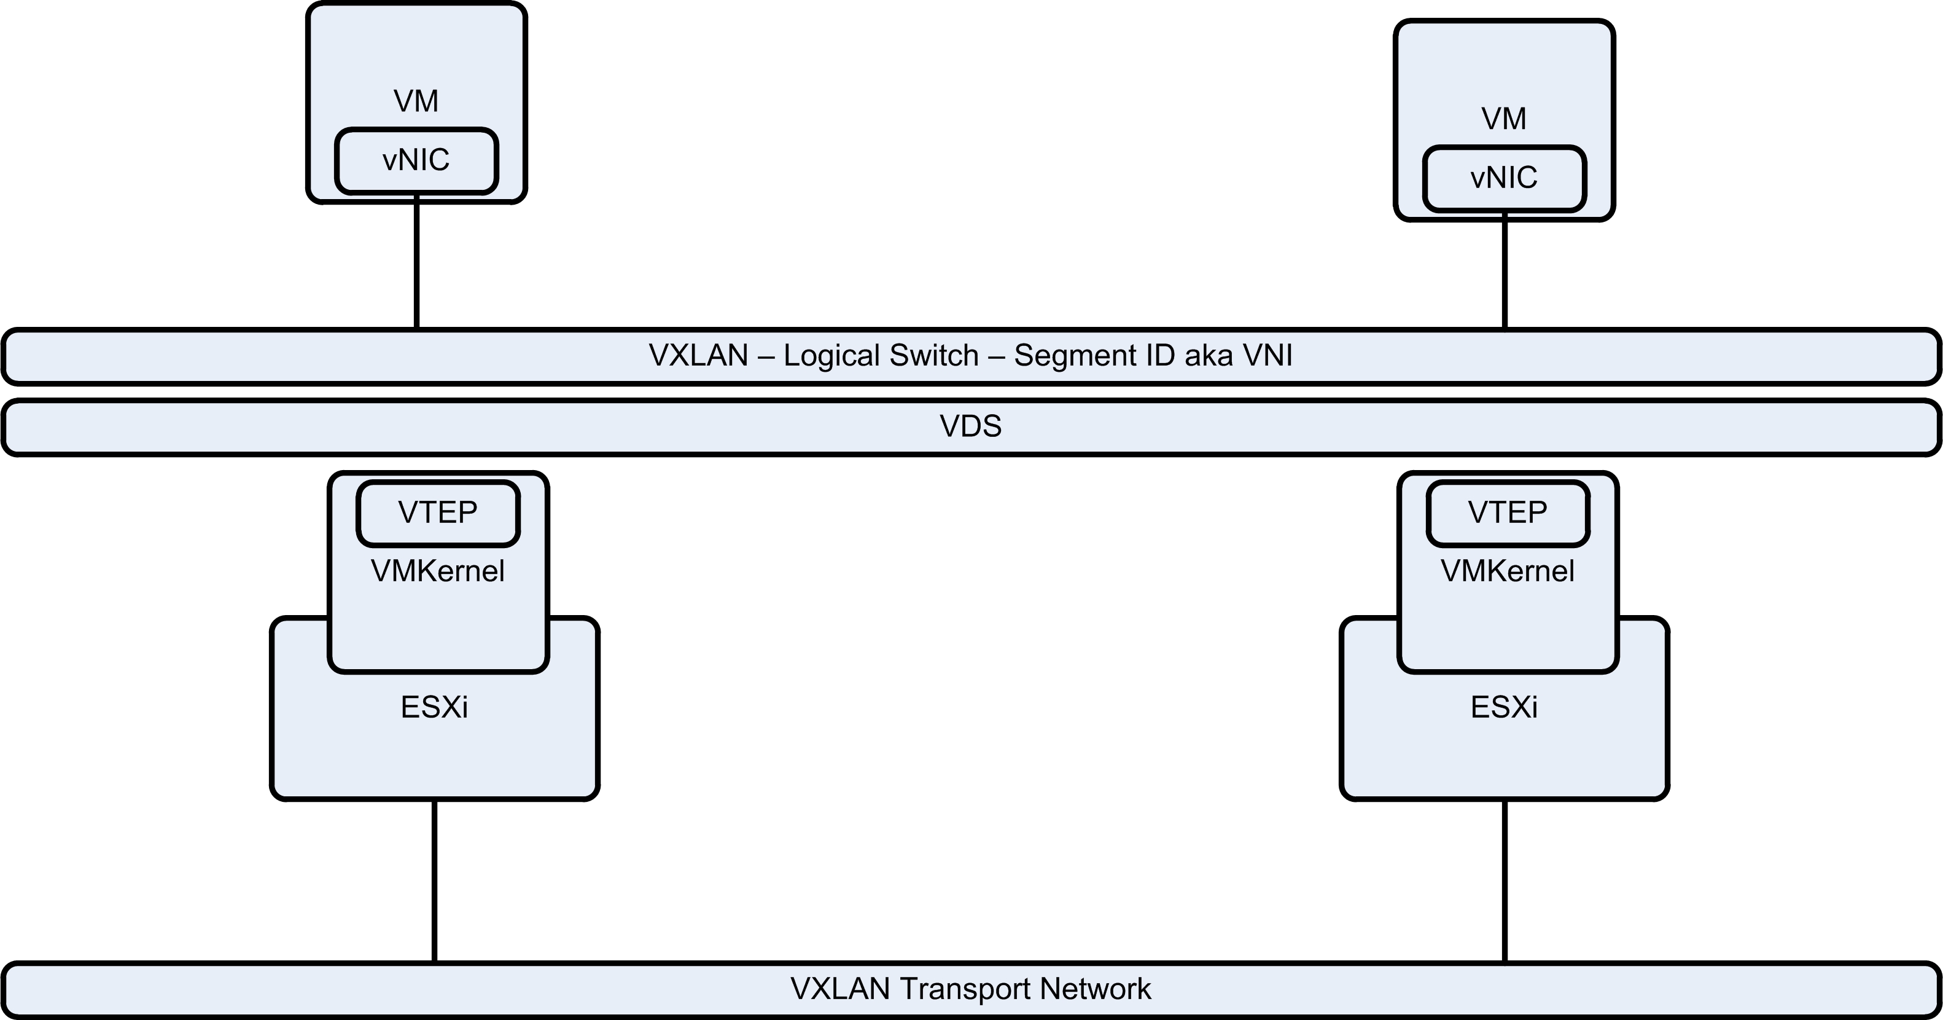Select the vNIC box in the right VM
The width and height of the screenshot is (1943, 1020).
tap(1504, 179)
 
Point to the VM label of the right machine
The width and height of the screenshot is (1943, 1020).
tap(1503, 119)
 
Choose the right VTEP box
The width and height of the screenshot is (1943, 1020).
tap(1508, 513)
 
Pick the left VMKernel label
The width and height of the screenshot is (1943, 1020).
tap(437, 571)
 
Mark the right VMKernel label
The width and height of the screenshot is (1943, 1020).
tap(1507, 571)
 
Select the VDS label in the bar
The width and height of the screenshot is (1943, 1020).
tap(971, 427)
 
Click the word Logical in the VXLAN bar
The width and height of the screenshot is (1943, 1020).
tap(832, 355)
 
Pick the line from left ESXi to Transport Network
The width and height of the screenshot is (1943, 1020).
tap(434, 881)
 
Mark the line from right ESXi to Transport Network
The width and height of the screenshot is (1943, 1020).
tap(1505, 881)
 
